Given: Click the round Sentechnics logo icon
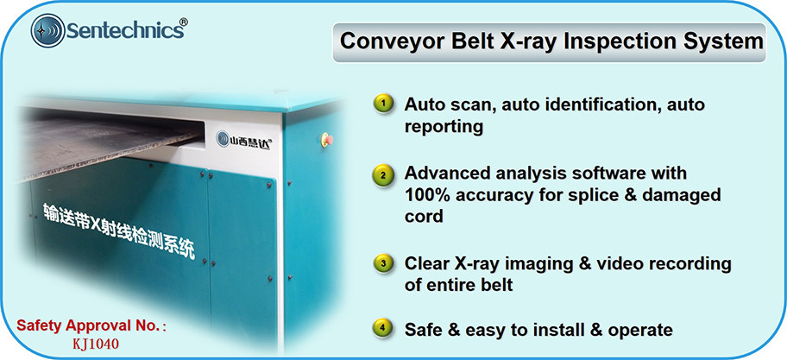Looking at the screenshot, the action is tap(47, 30).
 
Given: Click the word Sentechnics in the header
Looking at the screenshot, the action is tap(124, 30).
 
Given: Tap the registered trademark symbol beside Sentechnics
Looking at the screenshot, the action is tap(184, 22).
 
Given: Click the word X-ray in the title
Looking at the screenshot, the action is tap(530, 41).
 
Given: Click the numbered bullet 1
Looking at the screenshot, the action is tap(383, 104).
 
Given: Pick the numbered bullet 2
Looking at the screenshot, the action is tap(382, 175).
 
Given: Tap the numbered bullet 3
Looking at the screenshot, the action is tap(383, 263).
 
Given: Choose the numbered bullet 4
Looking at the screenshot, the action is tap(382, 328).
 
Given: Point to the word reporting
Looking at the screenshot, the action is tap(444, 127).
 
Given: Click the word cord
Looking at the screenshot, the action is tap(424, 217).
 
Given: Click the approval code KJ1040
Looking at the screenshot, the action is tap(96, 344).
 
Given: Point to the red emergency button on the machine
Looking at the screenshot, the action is tap(327, 140).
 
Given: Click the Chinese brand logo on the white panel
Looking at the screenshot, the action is tap(244, 140).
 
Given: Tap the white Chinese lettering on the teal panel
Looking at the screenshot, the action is tap(119, 231).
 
